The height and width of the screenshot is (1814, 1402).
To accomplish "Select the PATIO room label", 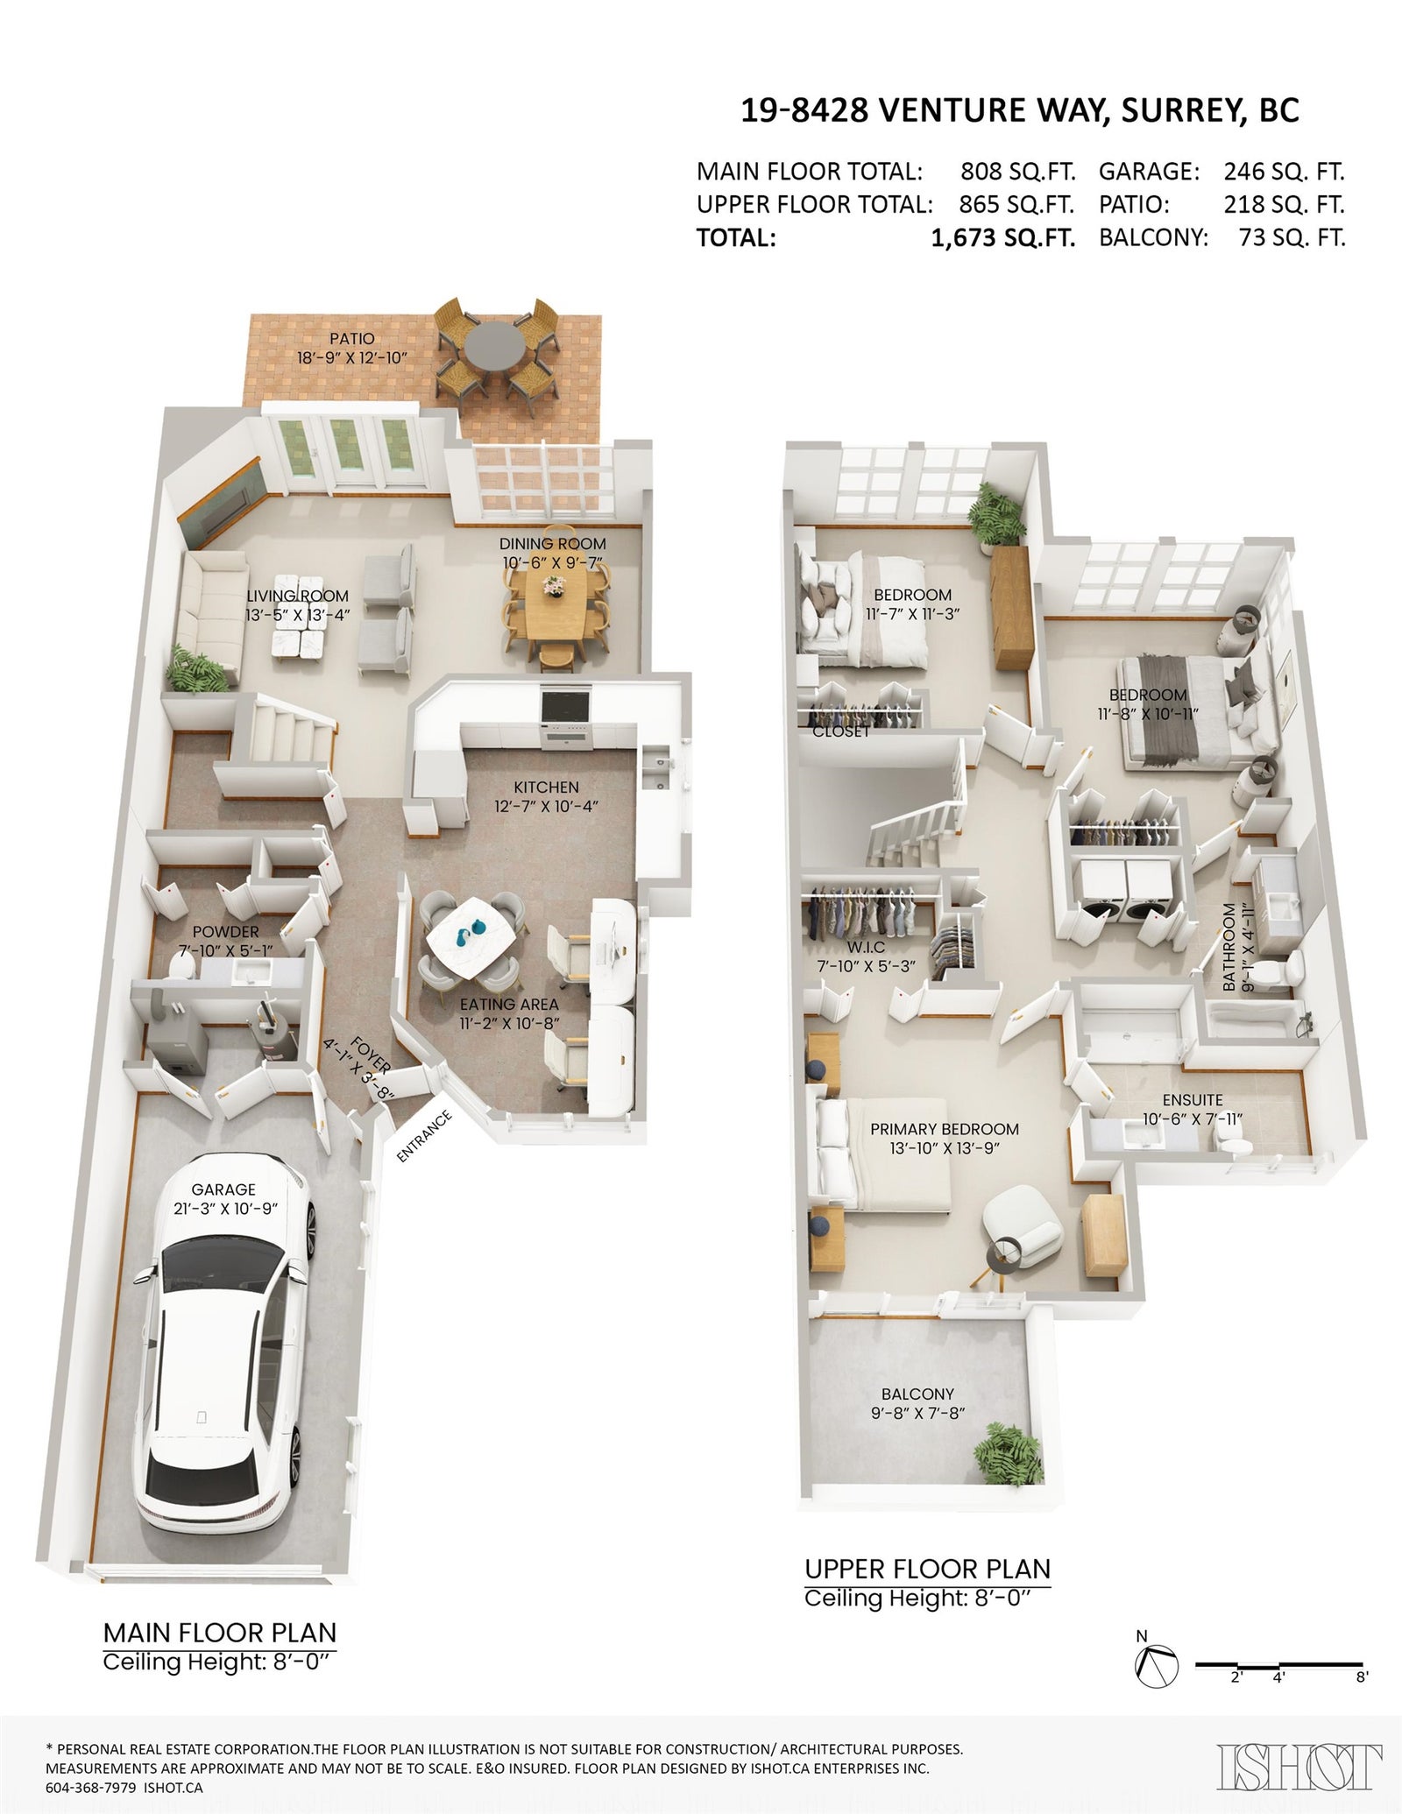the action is (x=352, y=338).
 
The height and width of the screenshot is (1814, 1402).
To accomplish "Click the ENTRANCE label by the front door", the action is (x=424, y=1136).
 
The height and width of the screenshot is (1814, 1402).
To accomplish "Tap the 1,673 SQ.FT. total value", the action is (x=1002, y=238).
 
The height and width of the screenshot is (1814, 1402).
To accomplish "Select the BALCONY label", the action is (x=918, y=1394).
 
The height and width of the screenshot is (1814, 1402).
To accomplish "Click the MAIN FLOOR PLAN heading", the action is (x=220, y=1633).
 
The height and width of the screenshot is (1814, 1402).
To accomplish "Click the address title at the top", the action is (x=1020, y=111).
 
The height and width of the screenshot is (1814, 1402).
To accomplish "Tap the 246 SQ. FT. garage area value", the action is (x=1284, y=171).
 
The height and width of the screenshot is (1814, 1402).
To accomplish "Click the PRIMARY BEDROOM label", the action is (x=945, y=1129).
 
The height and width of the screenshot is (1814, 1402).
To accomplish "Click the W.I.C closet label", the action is (x=867, y=947).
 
